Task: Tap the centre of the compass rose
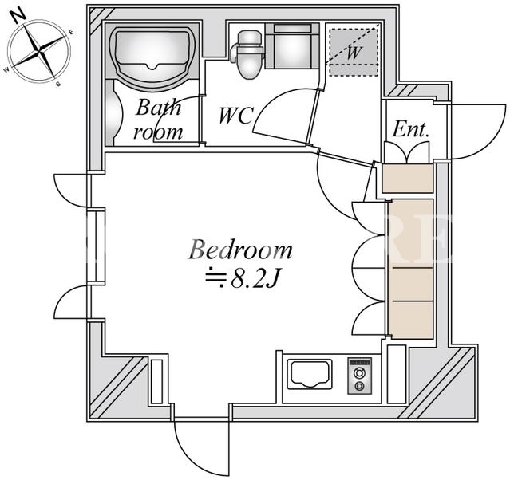coord(39,51)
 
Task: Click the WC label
coord(236,116)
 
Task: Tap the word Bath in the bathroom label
coord(158,108)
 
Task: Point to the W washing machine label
coord(354,52)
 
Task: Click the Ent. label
coord(410,129)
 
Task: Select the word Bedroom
coord(240,250)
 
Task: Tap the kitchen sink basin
coord(310,374)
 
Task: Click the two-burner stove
coord(359,376)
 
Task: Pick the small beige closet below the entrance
coord(407,179)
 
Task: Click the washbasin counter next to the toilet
coord(292,45)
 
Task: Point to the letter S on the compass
coord(58,85)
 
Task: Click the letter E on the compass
coord(71,32)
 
